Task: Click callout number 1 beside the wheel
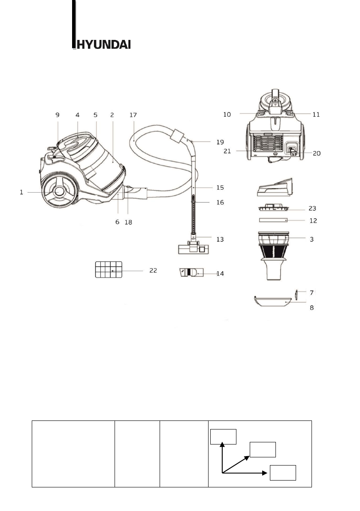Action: (21, 193)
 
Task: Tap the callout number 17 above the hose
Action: (133, 115)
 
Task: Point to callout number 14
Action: (221, 273)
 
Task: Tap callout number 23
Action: (312, 209)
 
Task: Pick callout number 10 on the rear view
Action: (227, 115)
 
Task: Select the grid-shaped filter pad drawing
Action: (109, 269)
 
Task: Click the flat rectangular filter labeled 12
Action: (273, 220)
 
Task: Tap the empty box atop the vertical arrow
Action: (223, 436)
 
